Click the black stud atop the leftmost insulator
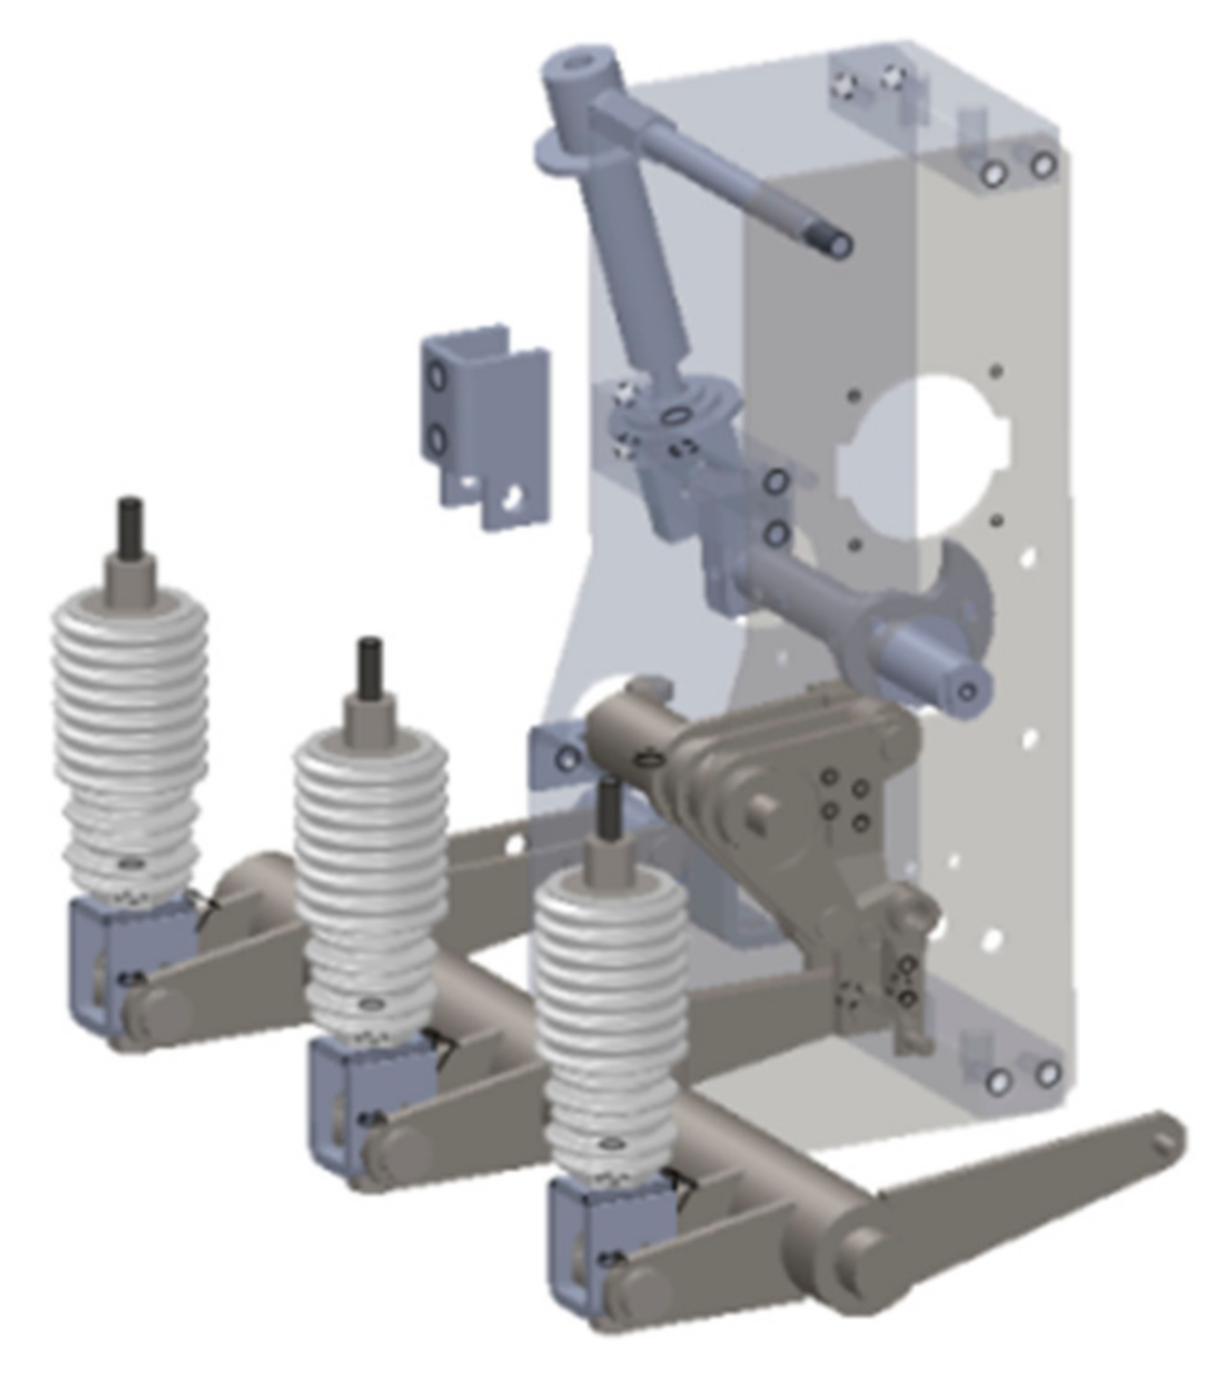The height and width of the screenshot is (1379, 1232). coord(130,523)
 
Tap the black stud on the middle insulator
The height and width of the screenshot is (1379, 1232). coord(369,664)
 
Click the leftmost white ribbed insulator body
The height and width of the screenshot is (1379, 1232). coord(130,736)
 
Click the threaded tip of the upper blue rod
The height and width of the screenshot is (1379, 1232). coord(836,243)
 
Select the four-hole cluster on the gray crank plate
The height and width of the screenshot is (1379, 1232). coord(845,799)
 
